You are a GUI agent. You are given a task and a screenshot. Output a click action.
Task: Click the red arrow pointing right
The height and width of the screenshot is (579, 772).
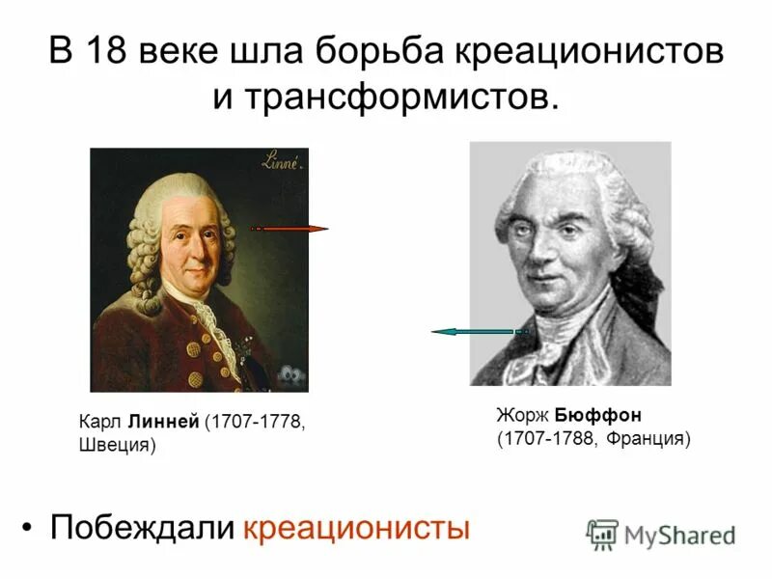[x=289, y=229]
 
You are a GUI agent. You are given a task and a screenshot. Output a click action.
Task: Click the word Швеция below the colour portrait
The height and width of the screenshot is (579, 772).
[x=116, y=446]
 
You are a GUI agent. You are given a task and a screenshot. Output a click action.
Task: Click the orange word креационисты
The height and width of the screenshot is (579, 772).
[x=356, y=528]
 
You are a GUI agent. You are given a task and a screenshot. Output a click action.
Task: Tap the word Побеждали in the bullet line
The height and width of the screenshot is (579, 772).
[x=142, y=528]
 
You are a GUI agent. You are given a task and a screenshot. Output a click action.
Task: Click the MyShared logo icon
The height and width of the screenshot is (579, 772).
[x=602, y=534]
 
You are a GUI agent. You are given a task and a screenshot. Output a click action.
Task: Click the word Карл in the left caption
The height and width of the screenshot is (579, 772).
[x=98, y=423]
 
